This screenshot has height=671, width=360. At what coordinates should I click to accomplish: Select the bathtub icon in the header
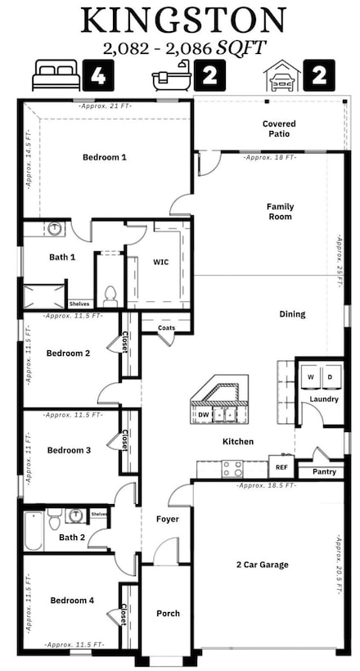172,76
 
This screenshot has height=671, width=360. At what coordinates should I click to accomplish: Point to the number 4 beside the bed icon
97,76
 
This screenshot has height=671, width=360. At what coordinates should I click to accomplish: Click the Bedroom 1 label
105,156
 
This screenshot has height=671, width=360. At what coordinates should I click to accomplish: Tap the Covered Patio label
279,129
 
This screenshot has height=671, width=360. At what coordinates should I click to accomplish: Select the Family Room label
280,211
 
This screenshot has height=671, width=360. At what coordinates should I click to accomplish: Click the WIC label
161,262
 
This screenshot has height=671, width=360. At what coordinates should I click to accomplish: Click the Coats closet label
167,327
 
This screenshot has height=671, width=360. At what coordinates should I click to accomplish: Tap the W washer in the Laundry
310,376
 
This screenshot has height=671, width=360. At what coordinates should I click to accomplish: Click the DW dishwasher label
203,415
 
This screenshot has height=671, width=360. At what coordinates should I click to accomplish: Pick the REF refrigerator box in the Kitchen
281,467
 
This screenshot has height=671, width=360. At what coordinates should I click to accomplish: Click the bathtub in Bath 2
33,530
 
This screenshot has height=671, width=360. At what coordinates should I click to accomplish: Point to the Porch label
168,613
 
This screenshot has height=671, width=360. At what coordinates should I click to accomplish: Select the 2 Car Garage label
263,565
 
